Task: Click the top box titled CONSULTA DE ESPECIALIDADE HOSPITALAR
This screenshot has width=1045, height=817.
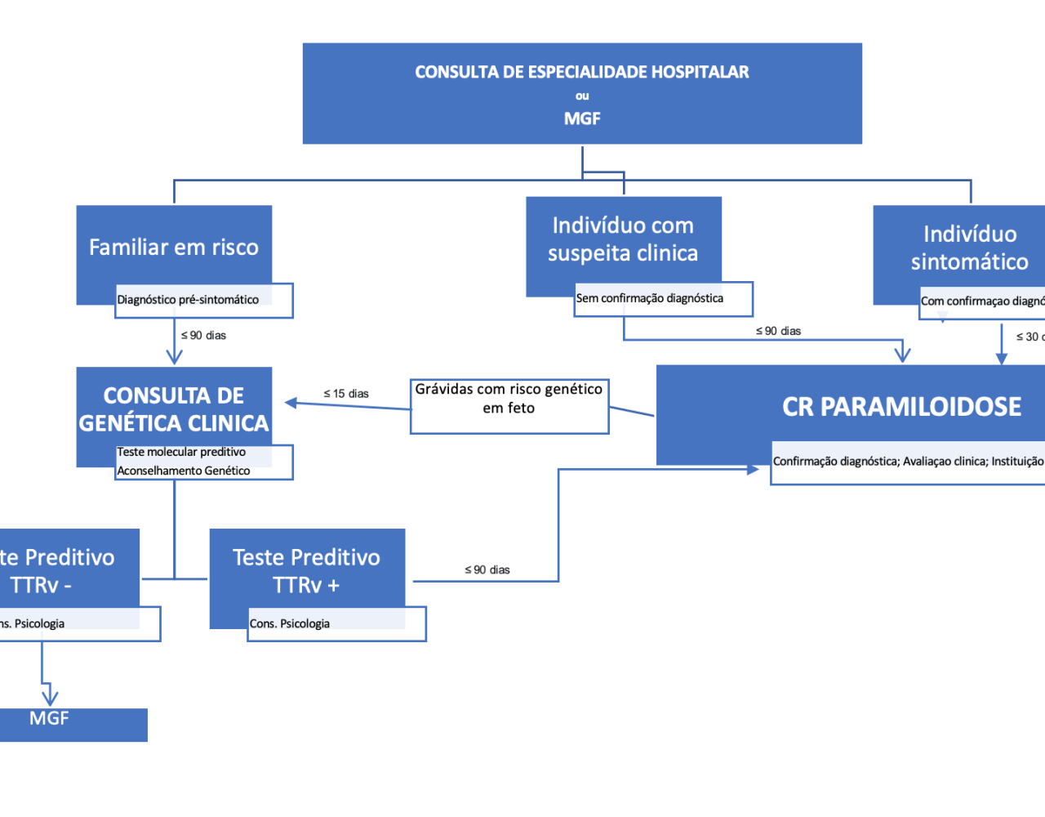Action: pos(581,72)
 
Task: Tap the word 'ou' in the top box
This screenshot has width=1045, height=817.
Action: pos(582,96)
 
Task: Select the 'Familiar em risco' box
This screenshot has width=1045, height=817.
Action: pos(174,247)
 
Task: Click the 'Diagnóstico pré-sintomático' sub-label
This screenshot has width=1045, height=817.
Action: pos(188,300)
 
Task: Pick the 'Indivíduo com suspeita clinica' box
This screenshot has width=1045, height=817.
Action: pos(623,239)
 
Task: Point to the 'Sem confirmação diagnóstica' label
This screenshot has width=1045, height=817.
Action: pos(650,298)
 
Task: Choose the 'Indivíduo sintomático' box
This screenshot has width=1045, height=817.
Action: pos(969,248)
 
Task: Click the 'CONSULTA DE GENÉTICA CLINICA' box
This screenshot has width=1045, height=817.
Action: pos(174,408)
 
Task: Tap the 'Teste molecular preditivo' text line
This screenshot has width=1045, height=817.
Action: pos(181,452)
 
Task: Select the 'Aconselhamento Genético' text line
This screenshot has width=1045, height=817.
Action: pos(184,471)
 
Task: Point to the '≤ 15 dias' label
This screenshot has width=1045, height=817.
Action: pos(346,394)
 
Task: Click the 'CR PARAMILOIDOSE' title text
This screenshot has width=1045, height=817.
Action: pos(901,407)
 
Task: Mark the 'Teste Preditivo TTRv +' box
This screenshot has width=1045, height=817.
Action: pos(306,570)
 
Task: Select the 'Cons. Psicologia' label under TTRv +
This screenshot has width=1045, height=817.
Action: pos(290,623)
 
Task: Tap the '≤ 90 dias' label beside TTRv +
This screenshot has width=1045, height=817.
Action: pos(487,570)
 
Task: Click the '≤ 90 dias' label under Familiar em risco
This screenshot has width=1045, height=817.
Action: pos(203,336)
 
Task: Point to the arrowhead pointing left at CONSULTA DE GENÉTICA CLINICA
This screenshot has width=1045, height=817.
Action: pos(291,402)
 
